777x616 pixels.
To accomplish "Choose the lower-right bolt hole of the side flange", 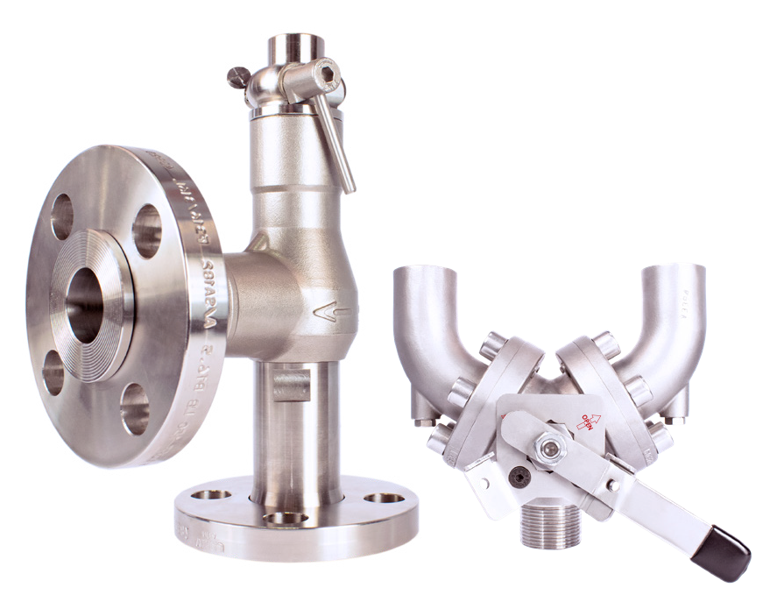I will coord(134,408).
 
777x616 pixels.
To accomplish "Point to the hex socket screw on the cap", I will coord(328,74).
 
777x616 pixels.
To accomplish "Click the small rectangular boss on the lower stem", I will coord(290,383).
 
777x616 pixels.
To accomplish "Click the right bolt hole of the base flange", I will coord(385,498).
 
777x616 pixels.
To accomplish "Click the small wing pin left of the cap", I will coord(234,79).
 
